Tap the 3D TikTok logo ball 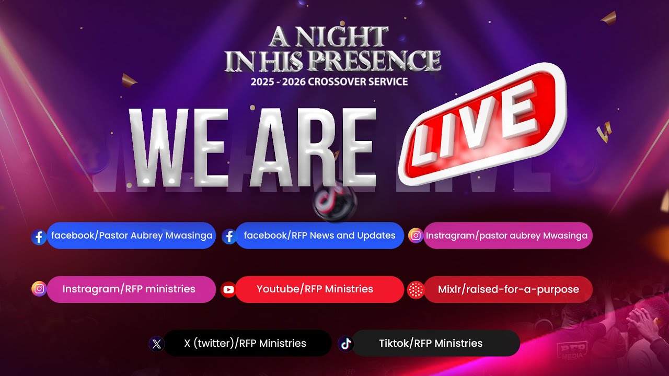334,201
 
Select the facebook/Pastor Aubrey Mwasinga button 131,236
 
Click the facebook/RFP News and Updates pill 319,236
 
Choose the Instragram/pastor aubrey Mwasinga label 506,236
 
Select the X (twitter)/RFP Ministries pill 246,343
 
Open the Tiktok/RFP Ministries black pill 431,343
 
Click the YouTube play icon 228,289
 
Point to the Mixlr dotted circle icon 416,289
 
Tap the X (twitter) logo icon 157,344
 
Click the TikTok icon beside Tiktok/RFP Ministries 345,344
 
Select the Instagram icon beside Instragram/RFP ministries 39,289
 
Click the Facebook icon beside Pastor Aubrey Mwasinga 39,237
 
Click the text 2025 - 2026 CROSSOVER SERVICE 329,81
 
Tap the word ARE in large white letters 313,147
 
